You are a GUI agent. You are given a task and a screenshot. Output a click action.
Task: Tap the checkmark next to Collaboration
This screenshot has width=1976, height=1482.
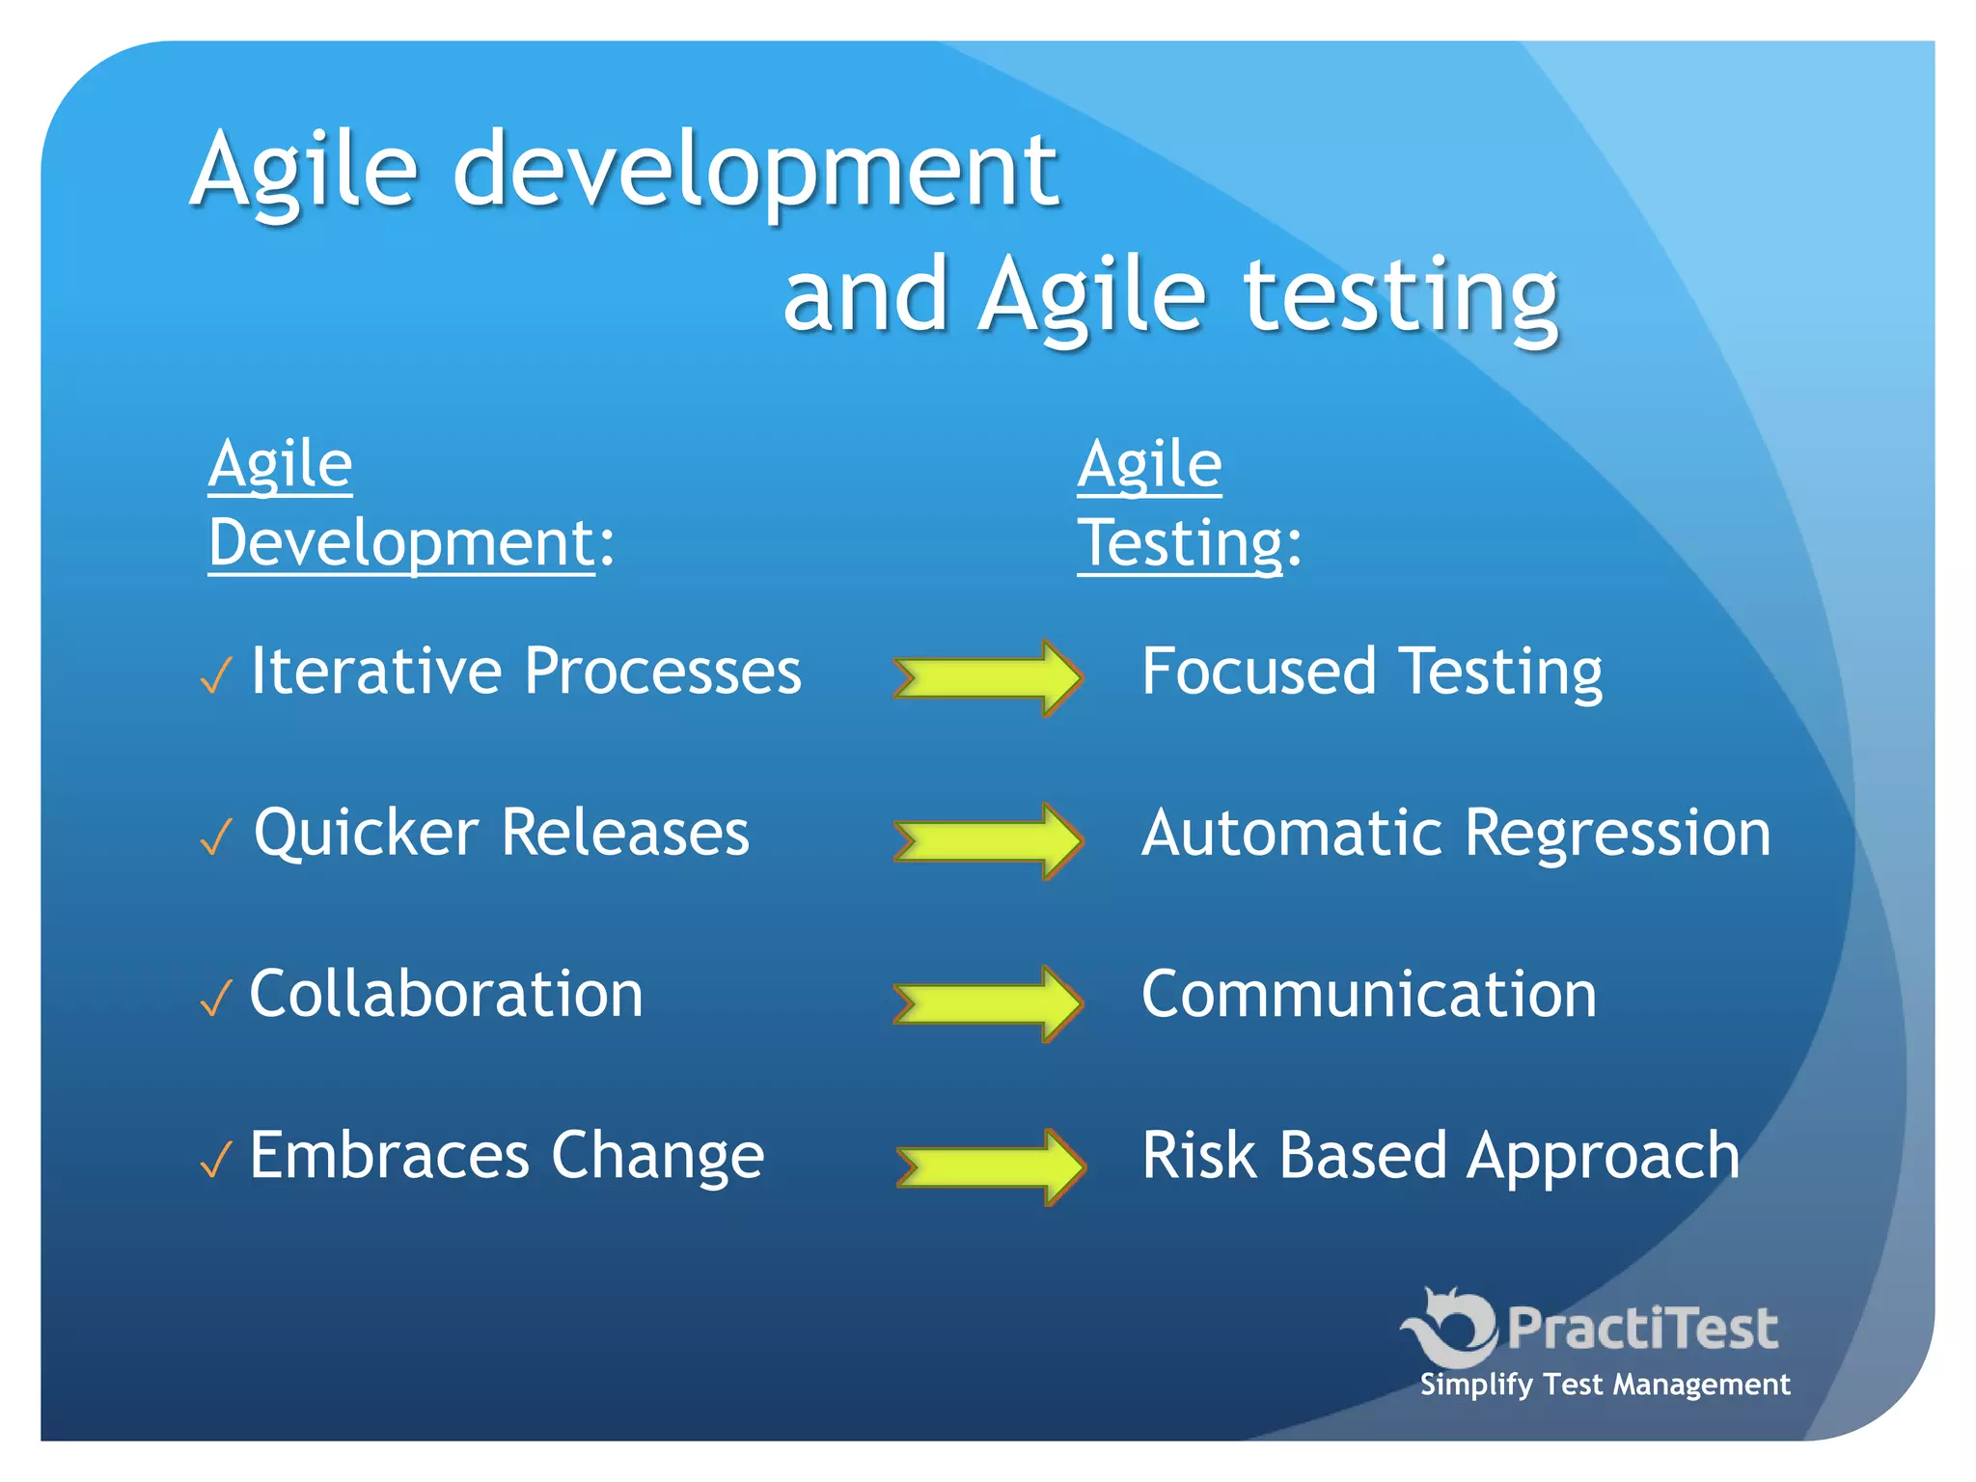216,999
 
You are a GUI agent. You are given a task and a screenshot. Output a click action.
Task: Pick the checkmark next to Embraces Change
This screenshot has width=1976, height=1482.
216,1160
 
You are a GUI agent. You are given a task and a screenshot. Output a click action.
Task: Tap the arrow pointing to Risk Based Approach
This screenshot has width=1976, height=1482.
990,1166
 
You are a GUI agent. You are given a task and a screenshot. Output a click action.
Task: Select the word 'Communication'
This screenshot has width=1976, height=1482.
1368,995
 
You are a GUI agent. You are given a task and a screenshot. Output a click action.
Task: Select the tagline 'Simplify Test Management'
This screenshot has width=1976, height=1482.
1604,1386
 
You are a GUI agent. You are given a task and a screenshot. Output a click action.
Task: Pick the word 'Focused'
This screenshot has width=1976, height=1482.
1258,672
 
